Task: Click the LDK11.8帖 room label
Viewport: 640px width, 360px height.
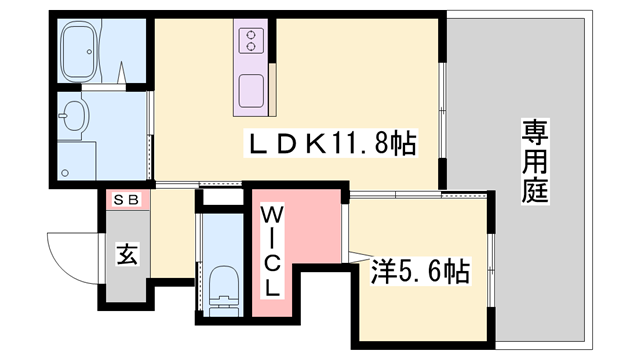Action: click(331, 143)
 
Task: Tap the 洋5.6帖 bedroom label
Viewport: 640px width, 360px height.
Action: click(421, 271)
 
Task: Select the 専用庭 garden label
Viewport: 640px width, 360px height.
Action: click(535, 161)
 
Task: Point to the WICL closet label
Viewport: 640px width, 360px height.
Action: click(271, 252)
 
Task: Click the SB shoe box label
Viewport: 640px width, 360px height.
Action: click(126, 200)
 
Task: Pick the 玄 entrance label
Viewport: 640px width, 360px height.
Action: click(127, 254)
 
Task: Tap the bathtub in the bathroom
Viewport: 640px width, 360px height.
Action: click(79, 51)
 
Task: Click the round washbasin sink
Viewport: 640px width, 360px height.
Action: click(74, 115)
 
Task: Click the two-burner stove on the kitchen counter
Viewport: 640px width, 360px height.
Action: click(251, 41)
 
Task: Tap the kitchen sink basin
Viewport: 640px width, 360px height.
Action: click(251, 91)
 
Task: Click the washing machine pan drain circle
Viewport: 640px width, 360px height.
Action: click(65, 173)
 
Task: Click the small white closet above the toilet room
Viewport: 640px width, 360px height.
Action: click(223, 198)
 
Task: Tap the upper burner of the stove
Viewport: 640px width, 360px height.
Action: click(251, 35)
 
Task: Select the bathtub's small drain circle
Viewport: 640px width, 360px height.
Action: click(89, 52)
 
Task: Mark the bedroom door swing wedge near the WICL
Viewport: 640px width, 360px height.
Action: click(360, 256)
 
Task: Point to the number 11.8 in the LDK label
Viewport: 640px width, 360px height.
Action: click(357, 143)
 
